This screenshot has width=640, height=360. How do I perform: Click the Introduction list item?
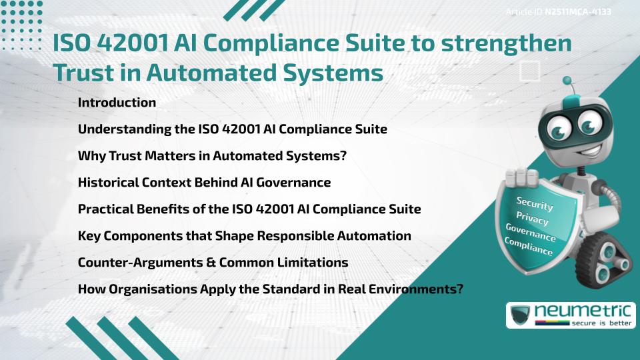click(117, 103)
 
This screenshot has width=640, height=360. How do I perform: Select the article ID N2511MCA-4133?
click(578, 12)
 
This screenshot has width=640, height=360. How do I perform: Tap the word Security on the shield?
click(535, 204)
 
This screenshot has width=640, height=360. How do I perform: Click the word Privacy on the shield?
click(532, 219)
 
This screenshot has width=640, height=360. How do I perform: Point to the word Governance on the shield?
click(531, 233)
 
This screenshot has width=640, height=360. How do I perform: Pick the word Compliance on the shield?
click(528, 247)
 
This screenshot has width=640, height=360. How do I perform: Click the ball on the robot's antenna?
click(568, 82)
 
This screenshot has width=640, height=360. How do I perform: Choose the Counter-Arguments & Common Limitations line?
click(213, 263)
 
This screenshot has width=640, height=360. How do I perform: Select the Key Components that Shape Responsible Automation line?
click(244, 236)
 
